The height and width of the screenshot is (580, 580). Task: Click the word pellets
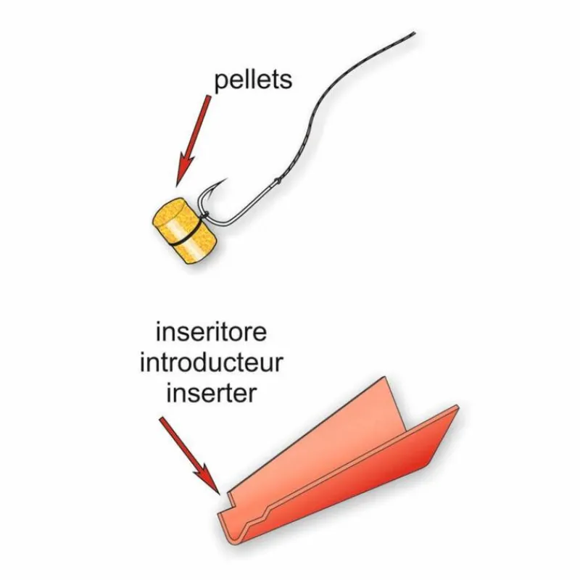[x=253, y=81]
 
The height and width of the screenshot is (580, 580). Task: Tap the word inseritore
[x=211, y=332]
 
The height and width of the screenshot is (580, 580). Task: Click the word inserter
[x=211, y=393]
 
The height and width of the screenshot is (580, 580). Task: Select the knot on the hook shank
[x=278, y=181]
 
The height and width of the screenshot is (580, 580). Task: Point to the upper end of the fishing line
[x=414, y=33]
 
